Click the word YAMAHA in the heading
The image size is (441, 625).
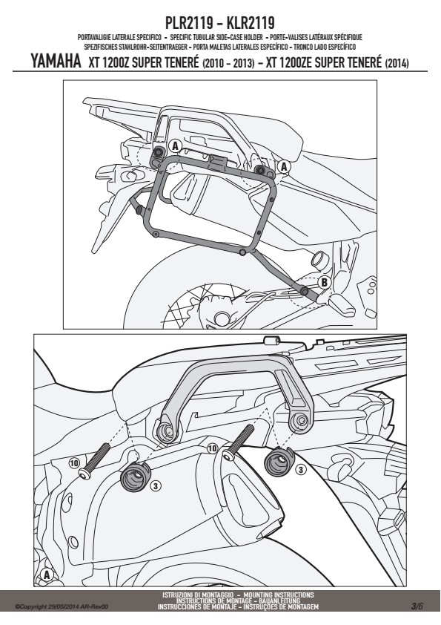click(56, 62)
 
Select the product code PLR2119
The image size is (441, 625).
click(189, 23)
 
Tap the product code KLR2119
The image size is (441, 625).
click(251, 23)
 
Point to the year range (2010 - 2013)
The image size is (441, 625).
click(228, 63)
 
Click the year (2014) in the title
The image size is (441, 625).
click(397, 63)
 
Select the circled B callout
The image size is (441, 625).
click(325, 283)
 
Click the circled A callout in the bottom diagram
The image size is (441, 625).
click(47, 575)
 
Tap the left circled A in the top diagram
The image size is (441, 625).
click(175, 146)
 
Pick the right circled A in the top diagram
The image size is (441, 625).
click(283, 166)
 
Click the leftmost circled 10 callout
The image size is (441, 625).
click(74, 462)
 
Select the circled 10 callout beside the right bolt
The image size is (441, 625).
click(213, 448)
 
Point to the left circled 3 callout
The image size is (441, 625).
click(156, 485)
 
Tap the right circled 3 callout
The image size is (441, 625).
click(301, 470)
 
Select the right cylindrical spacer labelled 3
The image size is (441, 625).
click(279, 461)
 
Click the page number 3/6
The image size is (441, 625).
click(417, 606)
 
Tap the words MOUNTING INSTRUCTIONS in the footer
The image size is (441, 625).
click(279, 595)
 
